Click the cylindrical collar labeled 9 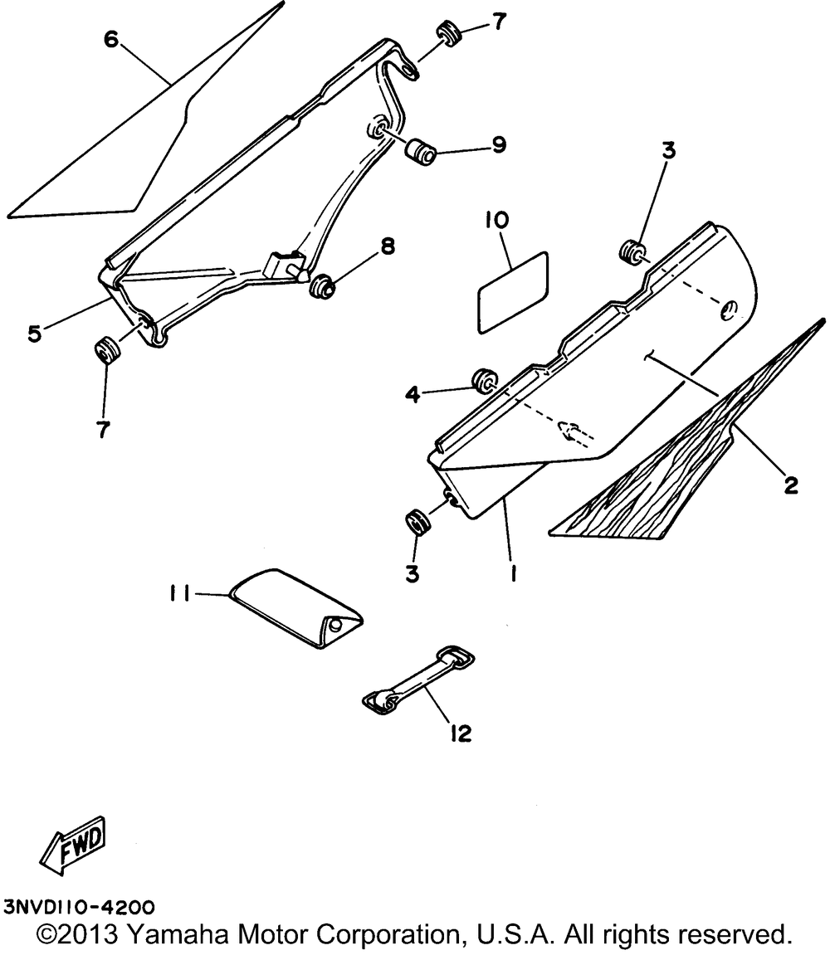tap(422, 152)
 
